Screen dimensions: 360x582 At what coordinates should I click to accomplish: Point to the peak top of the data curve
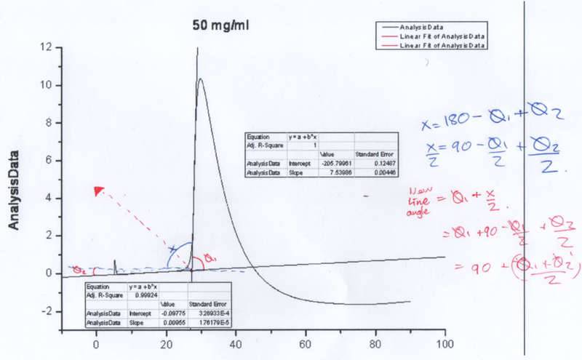(x=200, y=79)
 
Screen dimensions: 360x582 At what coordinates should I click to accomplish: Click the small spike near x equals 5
(x=114, y=262)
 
